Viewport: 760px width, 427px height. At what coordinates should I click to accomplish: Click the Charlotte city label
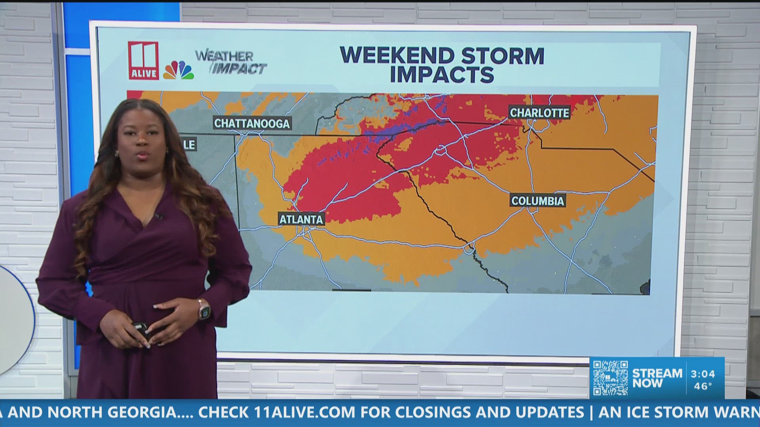click(539, 113)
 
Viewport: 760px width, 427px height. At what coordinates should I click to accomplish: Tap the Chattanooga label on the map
click(252, 123)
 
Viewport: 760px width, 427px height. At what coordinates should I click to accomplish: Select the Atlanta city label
click(301, 219)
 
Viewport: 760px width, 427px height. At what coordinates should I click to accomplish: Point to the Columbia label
click(537, 201)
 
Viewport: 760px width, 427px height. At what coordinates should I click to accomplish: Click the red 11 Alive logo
click(143, 60)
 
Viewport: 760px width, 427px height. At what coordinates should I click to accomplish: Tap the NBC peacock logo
click(179, 70)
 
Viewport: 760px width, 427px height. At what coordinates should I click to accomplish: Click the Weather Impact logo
click(231, 62)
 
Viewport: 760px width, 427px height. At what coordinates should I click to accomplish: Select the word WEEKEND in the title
click(396, 56)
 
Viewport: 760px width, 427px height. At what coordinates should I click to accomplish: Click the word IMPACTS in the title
click(442, 75)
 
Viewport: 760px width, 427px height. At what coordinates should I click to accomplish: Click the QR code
click(610, 378)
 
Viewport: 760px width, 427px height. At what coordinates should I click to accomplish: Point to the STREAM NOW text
click(657, 378)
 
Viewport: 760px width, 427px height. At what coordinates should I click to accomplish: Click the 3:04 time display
click(703, 374)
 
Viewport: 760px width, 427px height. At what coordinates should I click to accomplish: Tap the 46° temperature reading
click(703, 386)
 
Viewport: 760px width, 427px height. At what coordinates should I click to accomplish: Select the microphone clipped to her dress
click(159, 216)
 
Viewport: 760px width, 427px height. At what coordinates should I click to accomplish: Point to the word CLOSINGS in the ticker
click(433, 412)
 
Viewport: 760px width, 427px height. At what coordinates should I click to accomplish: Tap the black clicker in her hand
click(139, 328)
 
